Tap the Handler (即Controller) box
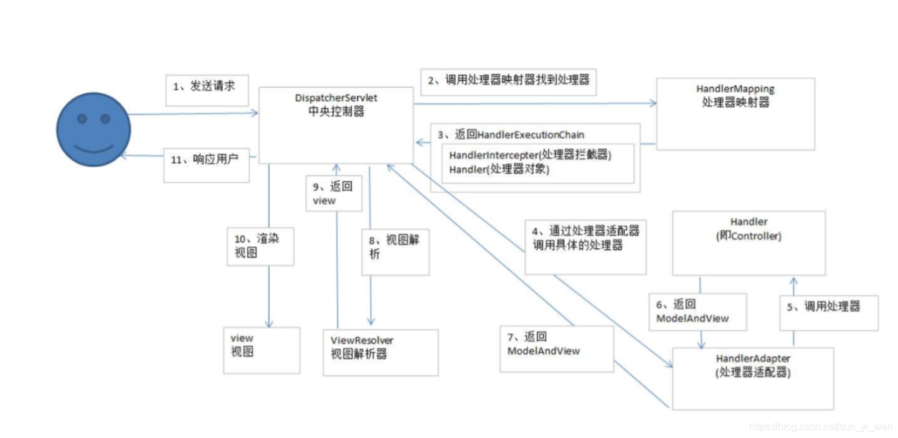click(749, 242)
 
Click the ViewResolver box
click(380, 352)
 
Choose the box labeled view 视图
click(253, 350)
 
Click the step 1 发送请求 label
click(207, 91)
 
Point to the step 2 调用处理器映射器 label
click(508, 81)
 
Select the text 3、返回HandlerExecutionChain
click(511, 134)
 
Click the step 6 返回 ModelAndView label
click(691, 311)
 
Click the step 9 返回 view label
click(333, 193)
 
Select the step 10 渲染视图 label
click(260, 245)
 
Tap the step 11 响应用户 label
click(206, 164)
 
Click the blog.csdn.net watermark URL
click(820, 427)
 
